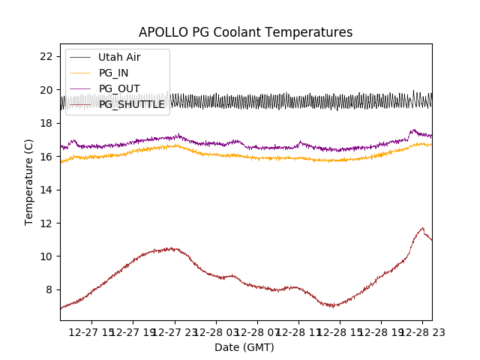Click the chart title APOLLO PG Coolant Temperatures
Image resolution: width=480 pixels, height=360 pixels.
(245, 32)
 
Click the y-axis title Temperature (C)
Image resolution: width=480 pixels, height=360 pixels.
(29, 181)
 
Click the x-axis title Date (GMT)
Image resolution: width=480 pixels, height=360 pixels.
(244, 347)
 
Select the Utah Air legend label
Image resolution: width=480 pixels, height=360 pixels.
(119, 57)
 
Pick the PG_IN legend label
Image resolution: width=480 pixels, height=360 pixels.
(114, 73)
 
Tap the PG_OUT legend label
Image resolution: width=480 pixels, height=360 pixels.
(119, 88)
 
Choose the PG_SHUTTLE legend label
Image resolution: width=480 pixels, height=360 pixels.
(131, 104)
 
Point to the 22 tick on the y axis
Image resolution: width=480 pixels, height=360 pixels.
(46, 56)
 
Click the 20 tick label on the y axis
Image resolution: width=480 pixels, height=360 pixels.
(46, 90)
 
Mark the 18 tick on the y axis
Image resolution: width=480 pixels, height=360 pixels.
(46, 123)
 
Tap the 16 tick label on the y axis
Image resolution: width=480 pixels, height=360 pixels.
(46, 157)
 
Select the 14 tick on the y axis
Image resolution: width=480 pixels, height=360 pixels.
(46, 190)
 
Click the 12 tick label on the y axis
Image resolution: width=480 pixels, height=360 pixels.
(46, 223)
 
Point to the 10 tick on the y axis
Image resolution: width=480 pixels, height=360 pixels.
(46, 256)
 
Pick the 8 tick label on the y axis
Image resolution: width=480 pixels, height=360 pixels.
(49, 289)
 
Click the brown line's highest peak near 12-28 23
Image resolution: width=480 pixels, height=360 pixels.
(422, 228)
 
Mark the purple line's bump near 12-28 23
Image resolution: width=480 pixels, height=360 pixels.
(413, 130)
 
